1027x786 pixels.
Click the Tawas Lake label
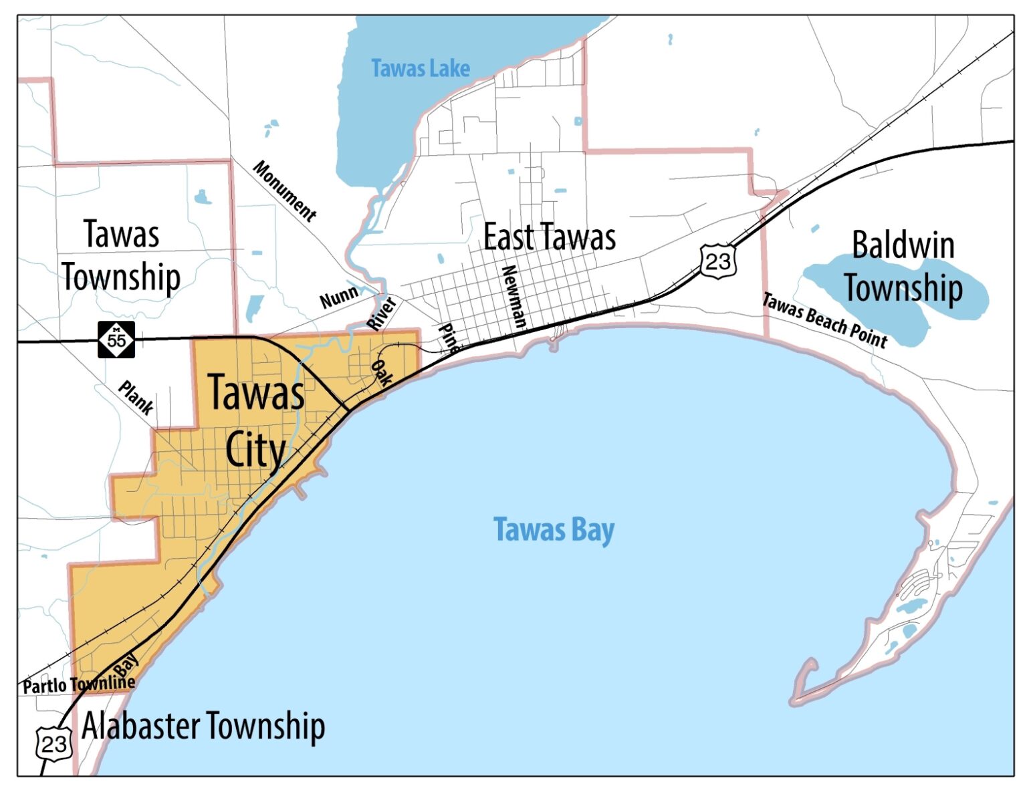coord(420,68)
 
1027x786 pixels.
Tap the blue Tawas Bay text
coord(554,530)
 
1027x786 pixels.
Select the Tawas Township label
coord(121,256)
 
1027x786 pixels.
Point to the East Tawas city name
coord(549,237)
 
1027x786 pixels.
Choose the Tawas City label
coord(256,421)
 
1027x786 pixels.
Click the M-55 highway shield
coord(116,340)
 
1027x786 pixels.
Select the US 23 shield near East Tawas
coord(718,261)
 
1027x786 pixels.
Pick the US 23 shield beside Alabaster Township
coord(53,743)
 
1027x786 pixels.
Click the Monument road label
coord(285,191)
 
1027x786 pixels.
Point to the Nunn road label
coord(339,297)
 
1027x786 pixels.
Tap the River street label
coord(382,313)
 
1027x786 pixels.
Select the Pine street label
coord(449,338)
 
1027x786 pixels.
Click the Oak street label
coord(381,373)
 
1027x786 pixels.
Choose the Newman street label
coord(513,296)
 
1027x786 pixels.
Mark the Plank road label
coord(136,398)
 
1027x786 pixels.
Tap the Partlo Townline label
coord(79,684)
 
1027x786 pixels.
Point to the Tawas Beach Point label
coord(825,321)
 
